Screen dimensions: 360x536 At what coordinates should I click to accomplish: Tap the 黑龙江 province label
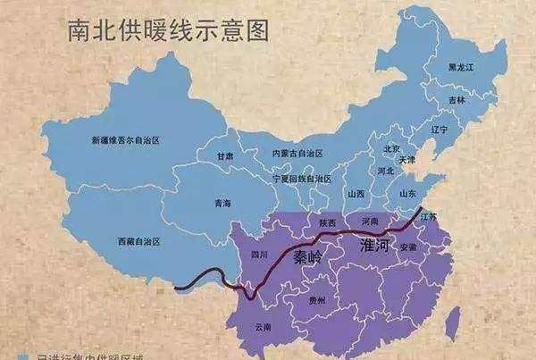coord(463,67)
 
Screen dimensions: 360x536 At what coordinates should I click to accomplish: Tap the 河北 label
coord(386,170)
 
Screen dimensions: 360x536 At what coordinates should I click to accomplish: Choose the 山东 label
coord(407,192)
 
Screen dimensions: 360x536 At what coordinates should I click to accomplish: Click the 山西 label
coord(356,193)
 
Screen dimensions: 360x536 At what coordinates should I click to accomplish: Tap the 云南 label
coord(264,328)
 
